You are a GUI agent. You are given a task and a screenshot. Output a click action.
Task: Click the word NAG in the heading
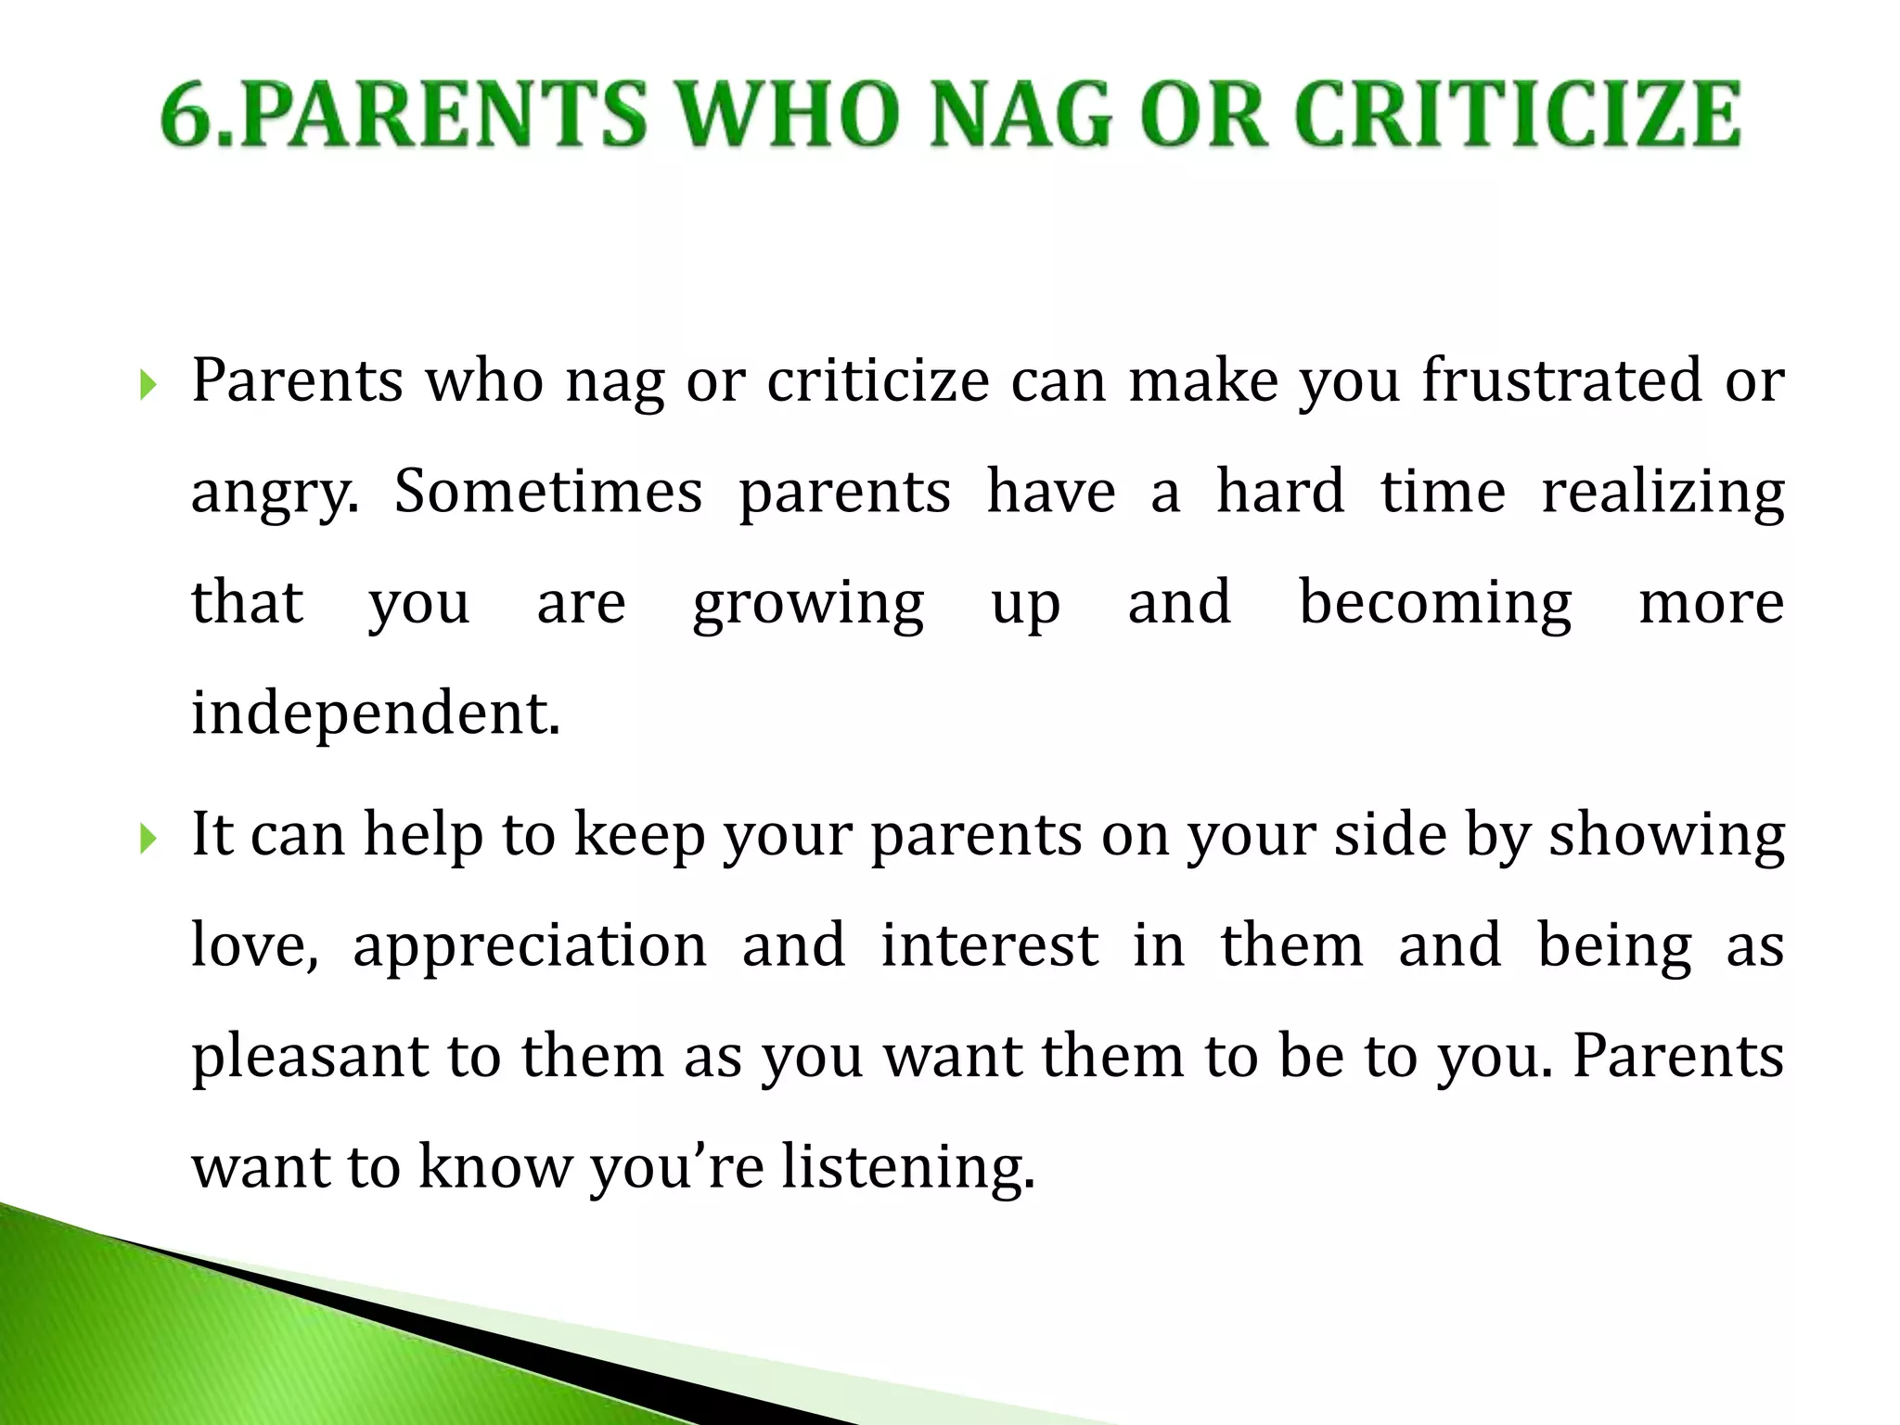1021,116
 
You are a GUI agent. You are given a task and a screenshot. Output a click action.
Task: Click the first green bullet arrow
148,383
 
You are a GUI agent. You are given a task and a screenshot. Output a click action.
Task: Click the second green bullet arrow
148,838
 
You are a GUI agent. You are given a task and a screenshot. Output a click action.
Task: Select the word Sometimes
547,491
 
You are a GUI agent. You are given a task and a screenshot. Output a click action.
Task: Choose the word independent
375,713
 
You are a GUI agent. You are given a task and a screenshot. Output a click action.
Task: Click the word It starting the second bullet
212,834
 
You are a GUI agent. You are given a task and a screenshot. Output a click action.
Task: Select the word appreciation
530,947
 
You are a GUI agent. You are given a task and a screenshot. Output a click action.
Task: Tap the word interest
989,945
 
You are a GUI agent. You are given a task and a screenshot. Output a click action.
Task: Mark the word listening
906,1168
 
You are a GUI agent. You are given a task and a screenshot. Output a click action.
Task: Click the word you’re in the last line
676,1168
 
